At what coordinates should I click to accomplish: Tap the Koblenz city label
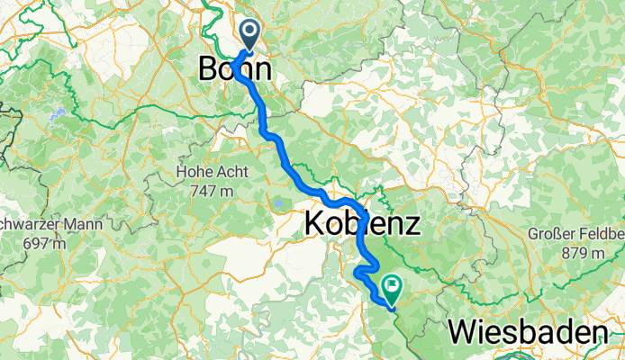[x=362, y=222]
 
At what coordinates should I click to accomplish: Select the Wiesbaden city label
[x=527, y=333]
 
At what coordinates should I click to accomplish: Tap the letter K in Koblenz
[x=316, y=222]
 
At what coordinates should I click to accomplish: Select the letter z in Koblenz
[x=410, y=224]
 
